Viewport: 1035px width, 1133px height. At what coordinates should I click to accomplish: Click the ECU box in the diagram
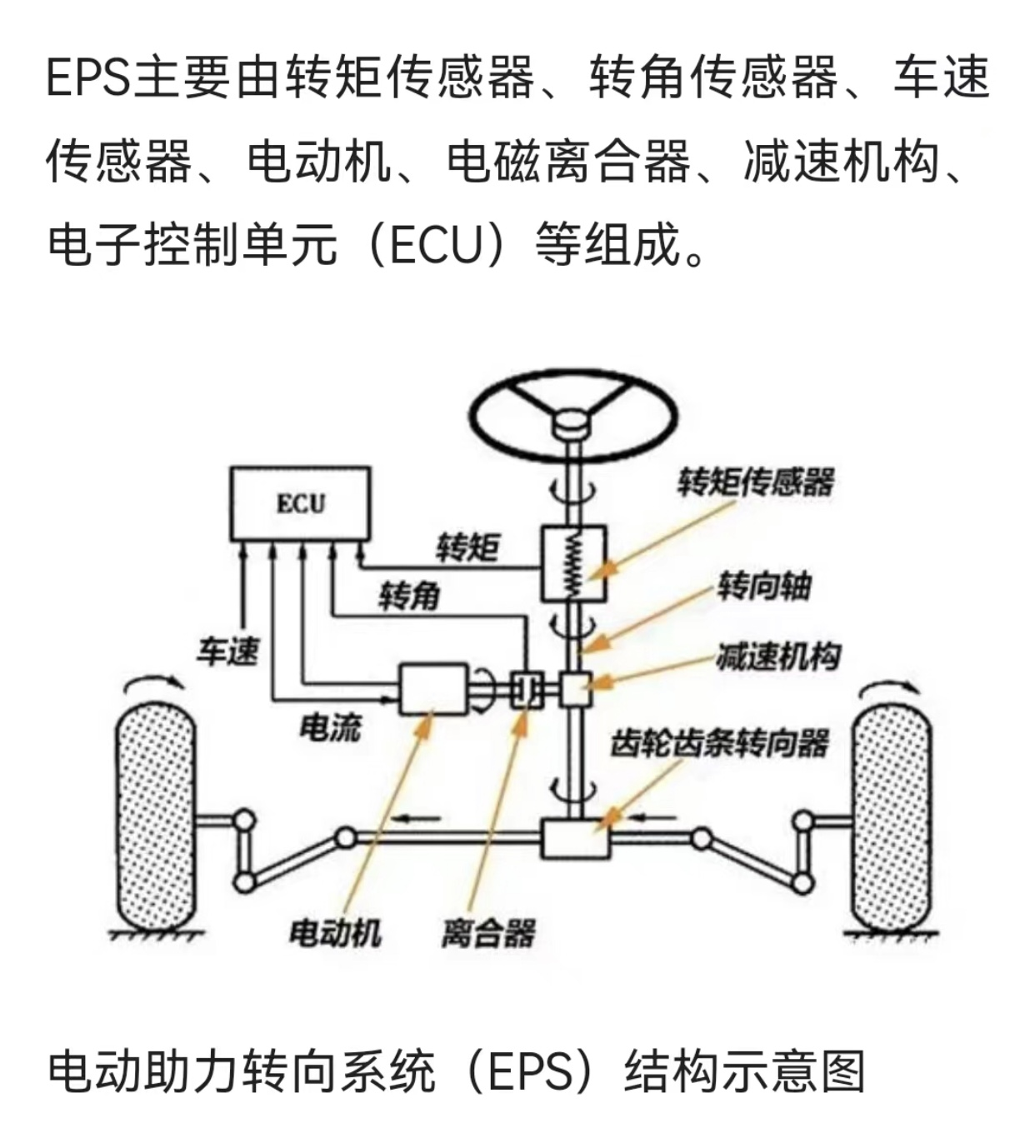tap(300, 502)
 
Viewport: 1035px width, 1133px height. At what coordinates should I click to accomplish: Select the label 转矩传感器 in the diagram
tap(755, 482)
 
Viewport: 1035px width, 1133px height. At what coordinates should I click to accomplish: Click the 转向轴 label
tap(763, 586)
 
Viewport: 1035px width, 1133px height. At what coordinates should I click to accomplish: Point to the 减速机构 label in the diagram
tap(777, 657)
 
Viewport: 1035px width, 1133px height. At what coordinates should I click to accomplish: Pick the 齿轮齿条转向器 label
tap(720, 742)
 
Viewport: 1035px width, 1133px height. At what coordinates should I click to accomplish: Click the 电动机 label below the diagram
tap(334, 932)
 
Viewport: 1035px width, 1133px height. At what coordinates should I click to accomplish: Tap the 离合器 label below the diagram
tap(488, 933)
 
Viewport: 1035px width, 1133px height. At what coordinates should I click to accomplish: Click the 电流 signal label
tap(330, 727)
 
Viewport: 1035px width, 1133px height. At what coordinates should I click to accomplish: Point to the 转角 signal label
tap(408, 596)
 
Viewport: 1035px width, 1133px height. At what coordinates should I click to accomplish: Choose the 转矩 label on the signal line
tap(467, 547)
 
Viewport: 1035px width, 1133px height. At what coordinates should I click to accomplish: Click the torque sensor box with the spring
tap(573, 562)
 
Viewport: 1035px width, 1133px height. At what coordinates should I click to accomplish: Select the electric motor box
tap(432, 689)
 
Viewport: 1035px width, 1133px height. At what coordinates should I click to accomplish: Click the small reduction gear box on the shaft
tap(574, 689)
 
